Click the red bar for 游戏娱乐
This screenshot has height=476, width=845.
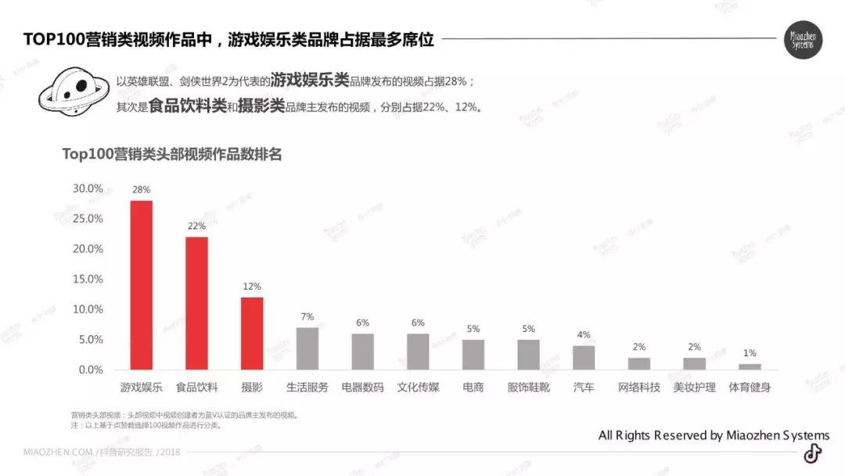[142, 285]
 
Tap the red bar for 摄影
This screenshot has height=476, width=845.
[252, 334]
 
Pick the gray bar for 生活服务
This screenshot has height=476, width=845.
[307, 348]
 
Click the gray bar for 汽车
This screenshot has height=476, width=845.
[584, 358]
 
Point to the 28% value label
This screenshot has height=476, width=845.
[142, 189]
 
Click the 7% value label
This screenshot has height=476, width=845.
[307, 316]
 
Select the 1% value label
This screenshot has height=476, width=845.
[750, 353]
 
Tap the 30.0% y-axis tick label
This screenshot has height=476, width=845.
[88, 189]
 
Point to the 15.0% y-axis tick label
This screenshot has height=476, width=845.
[88, 279]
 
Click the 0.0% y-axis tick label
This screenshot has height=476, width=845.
[90, 370]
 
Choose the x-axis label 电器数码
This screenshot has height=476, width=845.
[362, 388]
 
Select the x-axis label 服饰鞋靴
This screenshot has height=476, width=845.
[528, 388]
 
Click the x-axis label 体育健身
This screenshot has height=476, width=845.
[750, 388]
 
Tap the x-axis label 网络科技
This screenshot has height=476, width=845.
[638, 388]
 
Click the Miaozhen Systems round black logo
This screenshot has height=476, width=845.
[803, 40]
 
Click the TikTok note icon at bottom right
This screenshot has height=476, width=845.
[813, 453]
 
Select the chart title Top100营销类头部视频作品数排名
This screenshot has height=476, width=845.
[172, 154]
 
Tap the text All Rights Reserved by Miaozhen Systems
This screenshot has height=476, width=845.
[714, 435]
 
